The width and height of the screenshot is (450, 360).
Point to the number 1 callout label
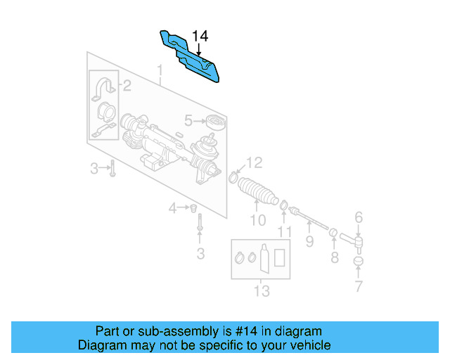160,71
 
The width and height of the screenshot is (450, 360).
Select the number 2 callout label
127,86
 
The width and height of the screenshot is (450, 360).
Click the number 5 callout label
188,120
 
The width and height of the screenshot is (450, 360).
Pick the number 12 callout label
254,163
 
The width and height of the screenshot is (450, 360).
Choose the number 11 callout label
285,231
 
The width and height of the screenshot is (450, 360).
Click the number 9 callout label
309,243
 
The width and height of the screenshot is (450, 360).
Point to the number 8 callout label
334,258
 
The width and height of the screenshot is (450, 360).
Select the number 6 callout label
358,217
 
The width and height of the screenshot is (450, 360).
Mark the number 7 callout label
359,287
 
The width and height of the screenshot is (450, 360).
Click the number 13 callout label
262,291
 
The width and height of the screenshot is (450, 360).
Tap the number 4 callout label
172,207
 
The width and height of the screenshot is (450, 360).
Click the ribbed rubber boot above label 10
257,191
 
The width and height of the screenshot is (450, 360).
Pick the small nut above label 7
359,262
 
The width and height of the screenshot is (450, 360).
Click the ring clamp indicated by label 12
233,176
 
